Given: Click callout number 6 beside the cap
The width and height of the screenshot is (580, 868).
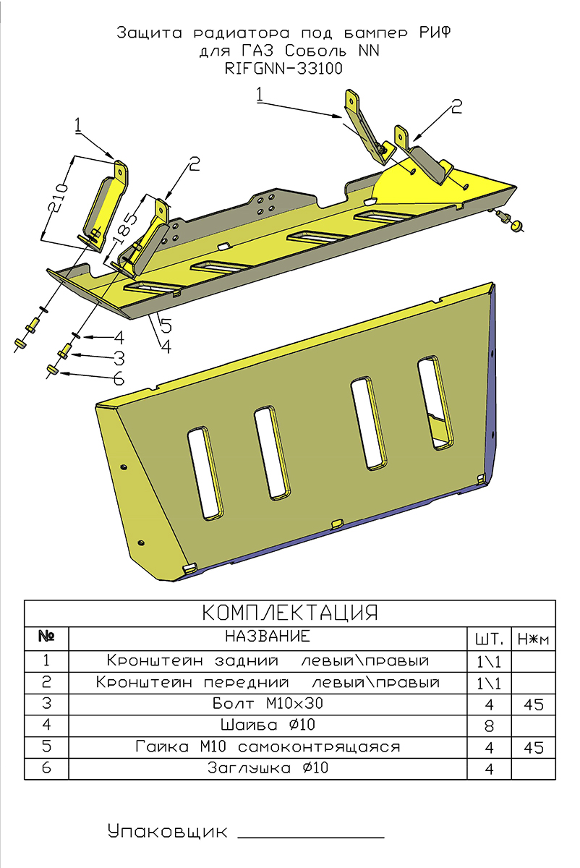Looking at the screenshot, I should point(118,378).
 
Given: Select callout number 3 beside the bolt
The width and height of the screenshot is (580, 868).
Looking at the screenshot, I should point(118,357).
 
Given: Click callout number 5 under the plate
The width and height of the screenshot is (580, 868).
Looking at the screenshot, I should point(165,325).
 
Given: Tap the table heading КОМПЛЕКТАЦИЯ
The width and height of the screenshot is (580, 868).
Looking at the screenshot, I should point(289,613).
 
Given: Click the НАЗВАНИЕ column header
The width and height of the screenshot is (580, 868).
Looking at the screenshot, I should point(268,637).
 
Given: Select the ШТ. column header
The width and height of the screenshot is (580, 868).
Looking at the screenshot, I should point(489,639).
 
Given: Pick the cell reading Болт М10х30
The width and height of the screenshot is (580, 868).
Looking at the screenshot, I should point(268,704).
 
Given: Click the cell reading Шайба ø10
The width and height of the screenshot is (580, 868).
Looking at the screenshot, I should point(268,725).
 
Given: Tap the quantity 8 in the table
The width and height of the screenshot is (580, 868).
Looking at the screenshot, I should point(489,726).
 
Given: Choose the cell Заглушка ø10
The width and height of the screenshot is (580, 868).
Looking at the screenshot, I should point(268,768).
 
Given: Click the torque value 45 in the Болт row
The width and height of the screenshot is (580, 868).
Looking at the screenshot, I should point(533,705).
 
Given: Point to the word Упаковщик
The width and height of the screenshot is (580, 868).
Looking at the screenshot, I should point(167,831).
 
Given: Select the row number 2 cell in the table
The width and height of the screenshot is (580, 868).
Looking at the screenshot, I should point(46,682).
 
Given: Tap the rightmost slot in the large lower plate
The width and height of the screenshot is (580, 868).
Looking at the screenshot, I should point(435,403).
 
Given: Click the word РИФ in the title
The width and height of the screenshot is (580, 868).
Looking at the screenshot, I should point(438,33).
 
